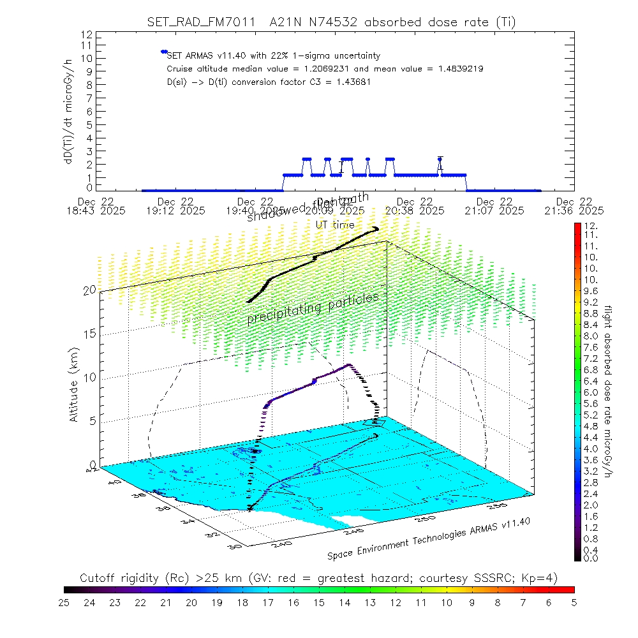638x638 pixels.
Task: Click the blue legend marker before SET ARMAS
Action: pyautogui.click(x=164, y=52)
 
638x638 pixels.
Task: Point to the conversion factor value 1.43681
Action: pyautogui.click(x=349, y=82)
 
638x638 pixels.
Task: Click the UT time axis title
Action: pyautogui.click(x=335, y=225)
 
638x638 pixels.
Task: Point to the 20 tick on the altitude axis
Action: pyautogui.click(x=89, y=290)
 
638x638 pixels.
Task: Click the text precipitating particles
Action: pyautogui.click(x=313, y=308)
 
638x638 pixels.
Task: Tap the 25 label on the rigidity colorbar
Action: pyautogui.click(x=64, y=602)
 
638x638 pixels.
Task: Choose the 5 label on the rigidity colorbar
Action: pyautogui.click(x=574, y=602)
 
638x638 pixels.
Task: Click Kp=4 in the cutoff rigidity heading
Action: pyautogui.click(x=544, y=578)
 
